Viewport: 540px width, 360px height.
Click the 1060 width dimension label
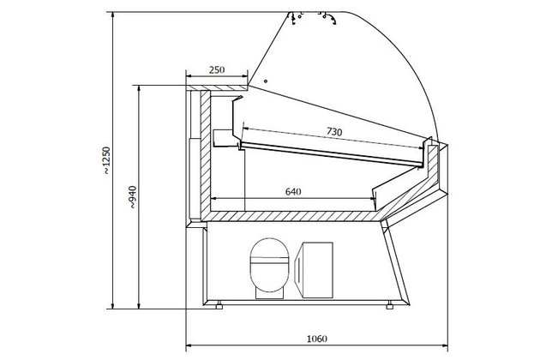click(317, 339)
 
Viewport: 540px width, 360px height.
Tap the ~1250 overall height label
click(107, 160)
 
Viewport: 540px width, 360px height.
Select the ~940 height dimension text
click(133, 197)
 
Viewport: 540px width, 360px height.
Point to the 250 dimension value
click(217, 70)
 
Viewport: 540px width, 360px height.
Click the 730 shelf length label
click(334, 132)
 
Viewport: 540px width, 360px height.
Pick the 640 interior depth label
click(293, 191)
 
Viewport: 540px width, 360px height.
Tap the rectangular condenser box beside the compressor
click(314, 270)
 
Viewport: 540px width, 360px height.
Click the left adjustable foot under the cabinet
click(219, 305)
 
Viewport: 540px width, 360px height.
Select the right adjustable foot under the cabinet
click(389, 305)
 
